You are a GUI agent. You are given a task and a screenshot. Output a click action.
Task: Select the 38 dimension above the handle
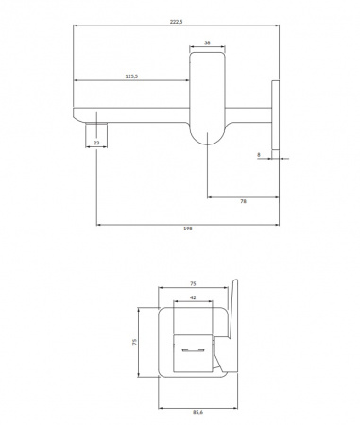pos(206,43)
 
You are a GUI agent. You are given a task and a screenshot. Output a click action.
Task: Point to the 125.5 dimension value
pos(132,76)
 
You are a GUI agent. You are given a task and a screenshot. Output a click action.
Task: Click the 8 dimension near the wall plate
pos(258,154)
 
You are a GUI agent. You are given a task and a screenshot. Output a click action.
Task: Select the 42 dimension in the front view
pos(193,297)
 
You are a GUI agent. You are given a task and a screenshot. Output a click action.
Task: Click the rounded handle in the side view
pos(207,99)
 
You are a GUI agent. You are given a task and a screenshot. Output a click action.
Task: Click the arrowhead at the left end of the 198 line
pos(98,226)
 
